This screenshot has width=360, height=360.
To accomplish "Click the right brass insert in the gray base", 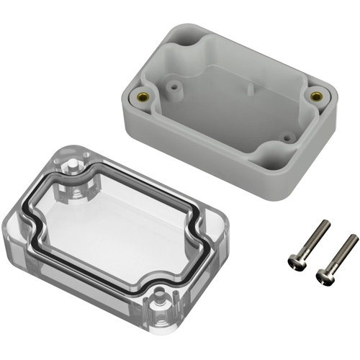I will tap(315, 95).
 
